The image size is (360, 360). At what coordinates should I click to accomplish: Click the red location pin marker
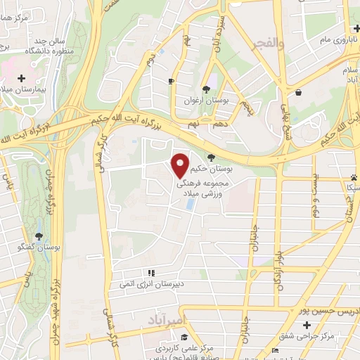tap(181, 165)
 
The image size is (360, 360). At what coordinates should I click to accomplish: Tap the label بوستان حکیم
tap(231, 169)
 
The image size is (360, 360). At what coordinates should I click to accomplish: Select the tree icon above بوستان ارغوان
tap(206, 89)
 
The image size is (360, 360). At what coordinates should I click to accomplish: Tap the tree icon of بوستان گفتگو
tap(39, 236)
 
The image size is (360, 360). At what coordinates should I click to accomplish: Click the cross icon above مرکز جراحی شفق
tap(307, 326)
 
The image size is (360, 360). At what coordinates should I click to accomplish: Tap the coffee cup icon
tap(170, 82)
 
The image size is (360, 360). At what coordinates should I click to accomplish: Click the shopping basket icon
tap(299, 92)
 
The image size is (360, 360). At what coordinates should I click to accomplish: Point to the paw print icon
tap(353, 176)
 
